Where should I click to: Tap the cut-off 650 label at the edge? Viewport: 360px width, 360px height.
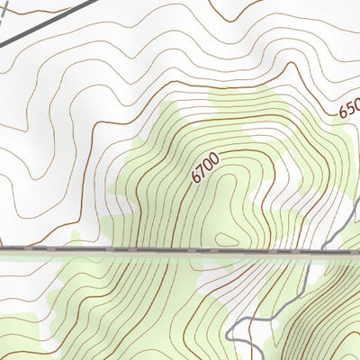[349, 108]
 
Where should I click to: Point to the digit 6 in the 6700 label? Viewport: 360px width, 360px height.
[196, 177]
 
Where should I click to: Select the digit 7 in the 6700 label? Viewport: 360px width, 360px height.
[202, 171]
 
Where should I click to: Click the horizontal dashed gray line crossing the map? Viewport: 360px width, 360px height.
[135, 249]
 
